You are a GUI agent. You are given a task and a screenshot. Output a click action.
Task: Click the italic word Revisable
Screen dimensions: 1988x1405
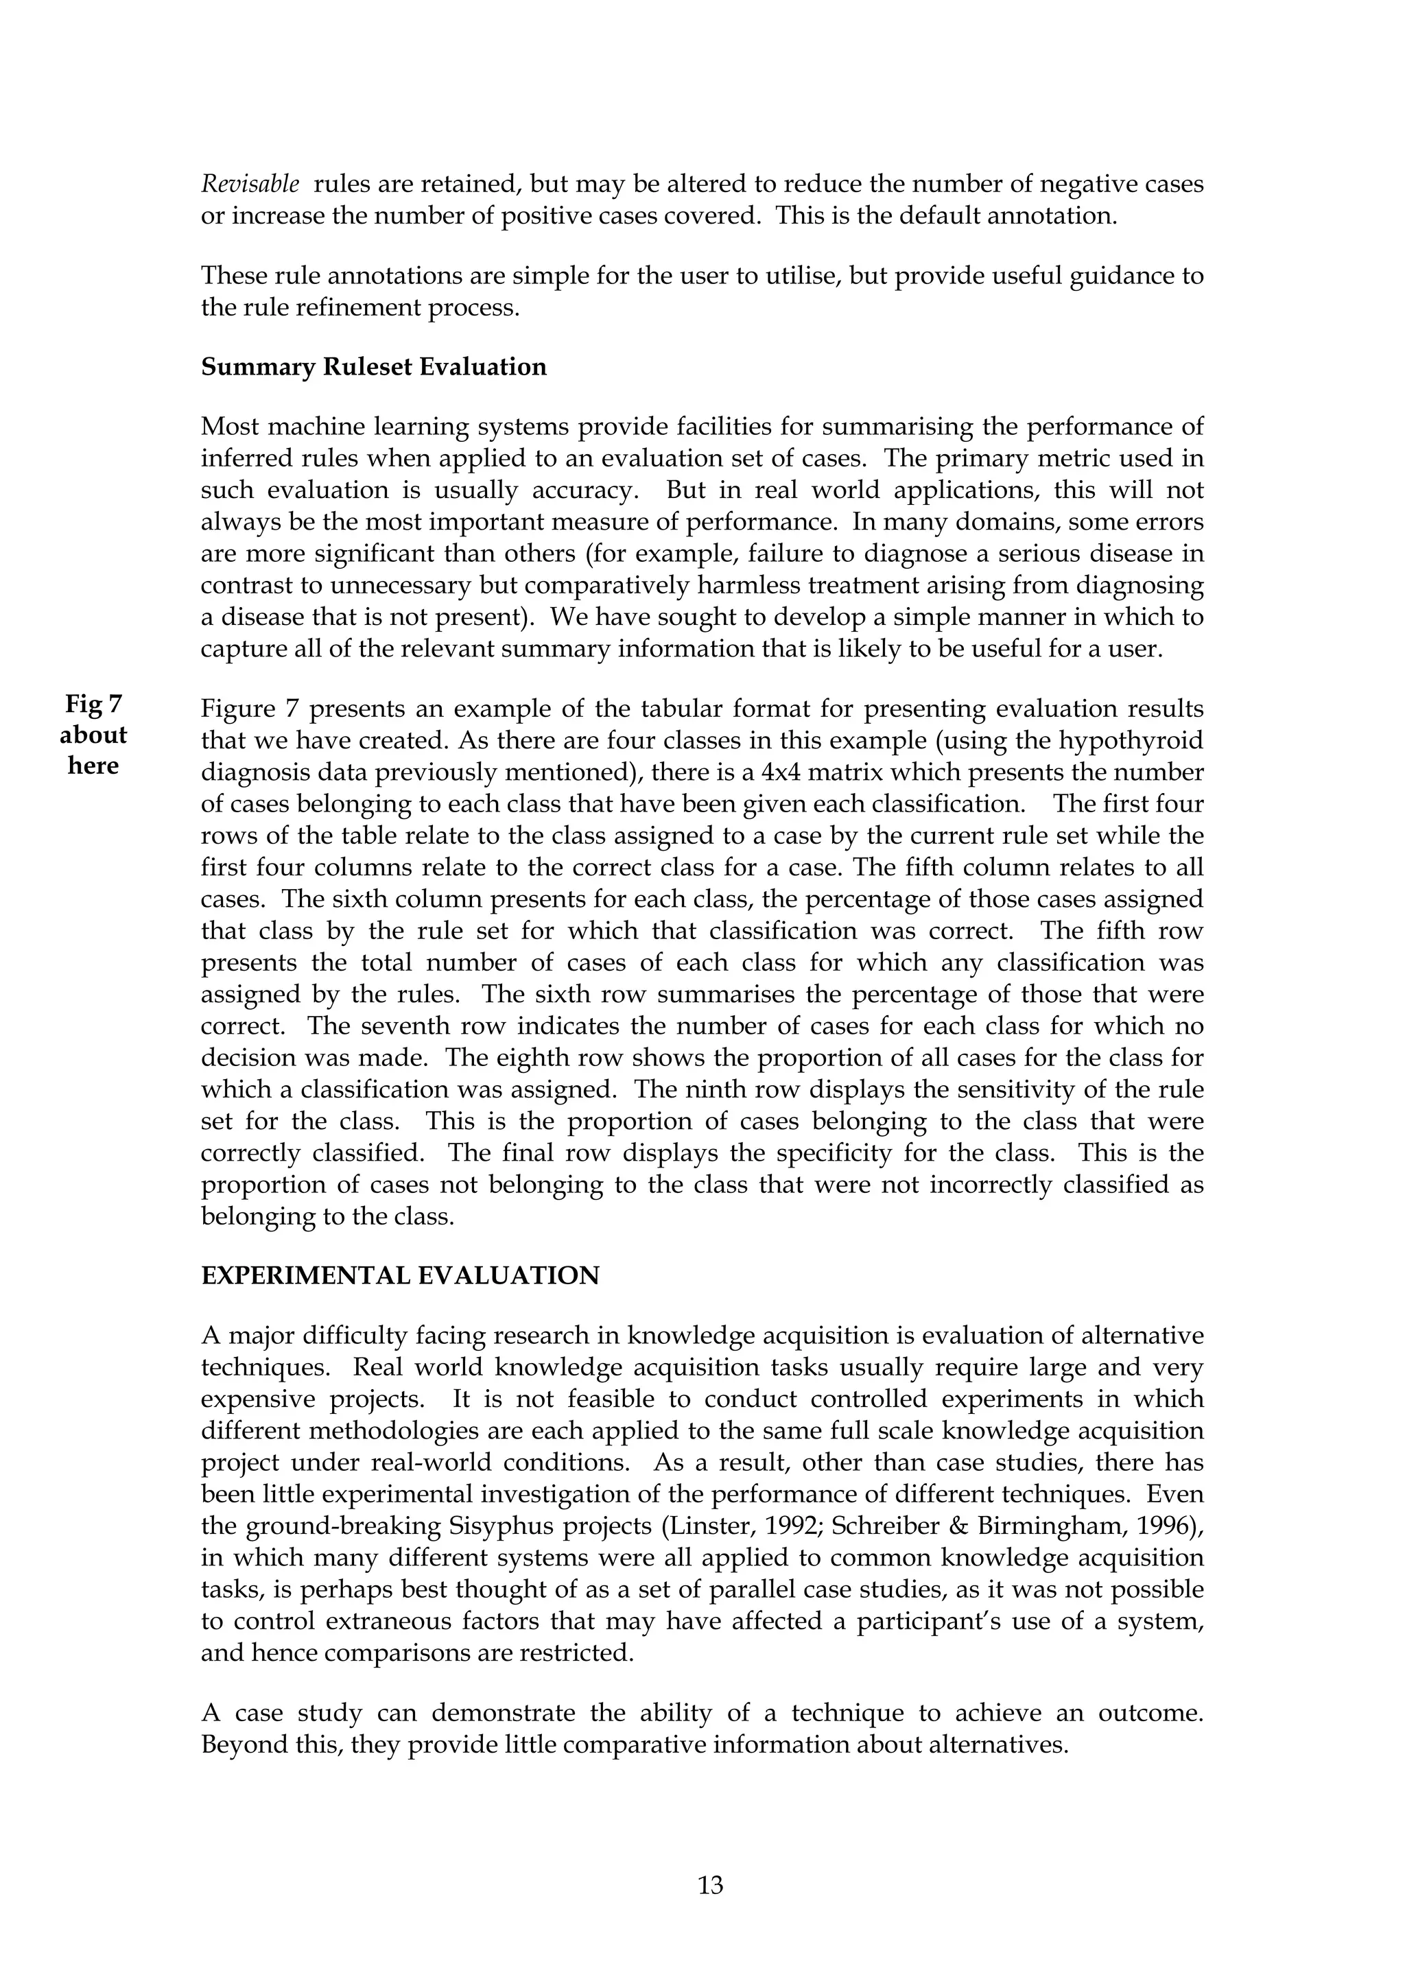(x=250, y=185)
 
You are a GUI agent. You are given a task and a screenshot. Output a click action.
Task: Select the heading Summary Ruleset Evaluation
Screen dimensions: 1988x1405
(x=374, y=367)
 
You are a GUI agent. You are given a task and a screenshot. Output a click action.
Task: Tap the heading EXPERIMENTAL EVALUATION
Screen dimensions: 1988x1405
(x=400, y=1276)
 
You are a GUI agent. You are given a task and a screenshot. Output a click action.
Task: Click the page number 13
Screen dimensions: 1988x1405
(x=710, y=1885)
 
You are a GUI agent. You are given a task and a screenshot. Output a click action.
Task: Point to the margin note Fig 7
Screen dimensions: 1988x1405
(x=93, y=704)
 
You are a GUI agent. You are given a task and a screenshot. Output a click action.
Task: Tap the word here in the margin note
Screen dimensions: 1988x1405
(x=93, y=766)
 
